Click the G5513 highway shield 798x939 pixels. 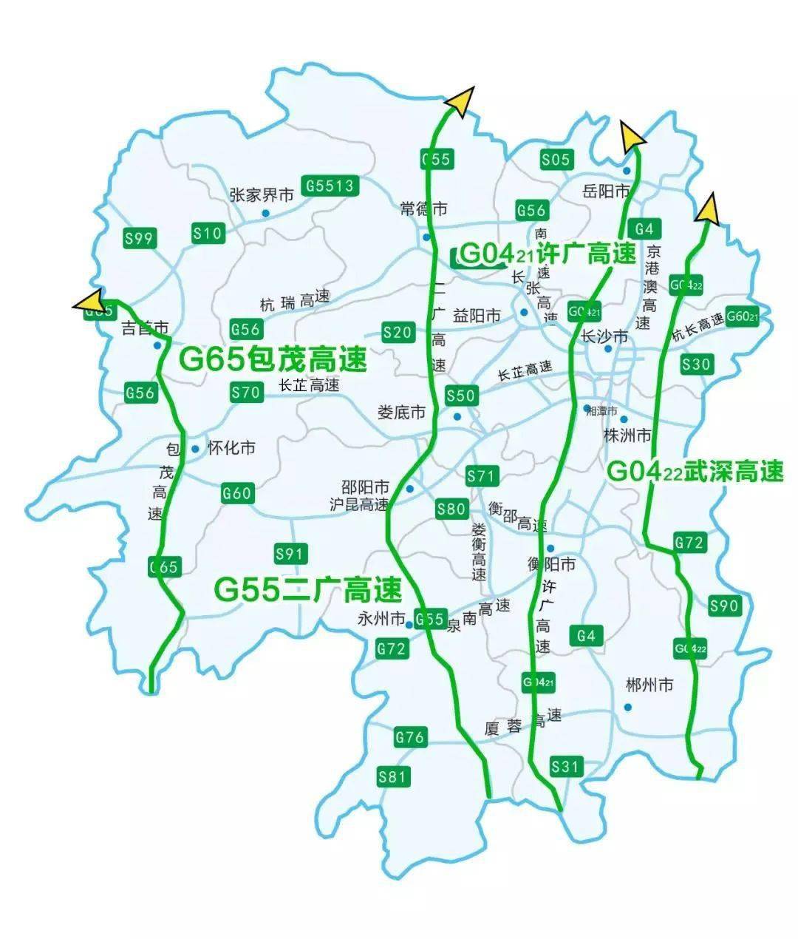pos(330,186)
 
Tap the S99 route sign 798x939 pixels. pos(139,238)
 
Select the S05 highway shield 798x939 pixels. pos(556,160)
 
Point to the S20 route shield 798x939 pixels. pos(398,333)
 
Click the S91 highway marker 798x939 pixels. pos(290,554)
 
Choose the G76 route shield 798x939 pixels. pos(409,737)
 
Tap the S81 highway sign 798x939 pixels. pos(392,776)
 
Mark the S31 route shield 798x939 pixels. pos(566,767)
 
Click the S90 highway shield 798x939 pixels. pos(723,606)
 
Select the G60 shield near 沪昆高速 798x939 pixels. pos(237,493)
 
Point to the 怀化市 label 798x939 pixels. pos(231,448)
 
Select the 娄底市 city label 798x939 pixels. pos(401,412)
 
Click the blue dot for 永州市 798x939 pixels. pos(409,625)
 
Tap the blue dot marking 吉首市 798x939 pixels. pos(157,345)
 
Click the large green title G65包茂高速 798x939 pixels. pos(273,360)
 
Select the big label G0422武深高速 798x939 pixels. pos(695,471)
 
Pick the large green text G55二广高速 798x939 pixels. pos(307,589)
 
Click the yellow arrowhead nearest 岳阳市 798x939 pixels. pos(631,136)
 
